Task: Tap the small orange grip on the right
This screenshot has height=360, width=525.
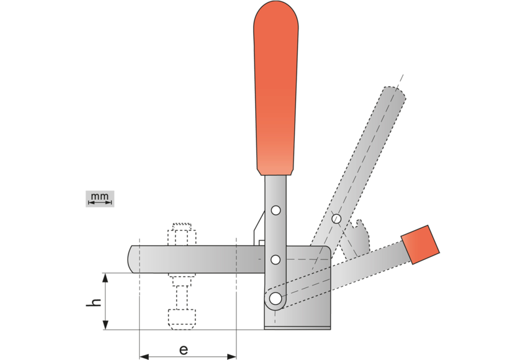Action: point(421,243)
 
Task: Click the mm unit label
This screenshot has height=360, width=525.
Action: point(99,197)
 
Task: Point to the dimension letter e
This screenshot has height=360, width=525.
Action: point(184,349)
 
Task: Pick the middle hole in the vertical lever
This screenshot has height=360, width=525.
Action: point(276,258)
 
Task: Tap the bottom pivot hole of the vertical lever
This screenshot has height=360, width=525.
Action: point(274,299)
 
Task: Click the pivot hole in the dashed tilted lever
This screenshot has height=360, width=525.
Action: point(336,218)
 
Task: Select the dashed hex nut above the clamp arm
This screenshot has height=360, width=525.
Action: point(182,236)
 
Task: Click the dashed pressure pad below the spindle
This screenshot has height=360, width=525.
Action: point(182,318)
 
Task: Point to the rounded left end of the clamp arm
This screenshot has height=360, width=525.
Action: point(133,259)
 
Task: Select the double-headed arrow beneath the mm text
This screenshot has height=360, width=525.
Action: point(99,203)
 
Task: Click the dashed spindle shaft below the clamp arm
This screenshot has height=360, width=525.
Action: point(182,292)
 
